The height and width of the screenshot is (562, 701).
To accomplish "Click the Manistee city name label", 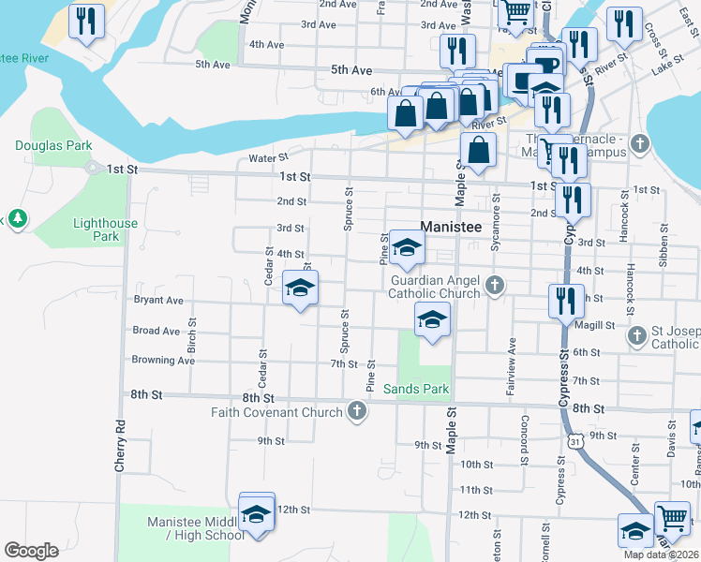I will pyautogui.click(x=451, y=227).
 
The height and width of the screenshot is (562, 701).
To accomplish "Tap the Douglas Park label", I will pyautogui.click(x=53, y=145).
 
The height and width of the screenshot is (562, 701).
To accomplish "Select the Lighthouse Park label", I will pyautogui.click(x=105, y=229).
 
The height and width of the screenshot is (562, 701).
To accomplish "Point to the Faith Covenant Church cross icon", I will pyautogui.click(x=356, y=410).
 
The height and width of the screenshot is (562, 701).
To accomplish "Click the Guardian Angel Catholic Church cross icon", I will pyautogui.click(x=496, y=285).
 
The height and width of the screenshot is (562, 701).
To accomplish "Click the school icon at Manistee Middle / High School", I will pyautogui.click(x=256, y=513).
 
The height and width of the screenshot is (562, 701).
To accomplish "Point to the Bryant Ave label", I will pyautogui.click(x=158, y=301).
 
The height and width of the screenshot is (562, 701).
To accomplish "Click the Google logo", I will pyautogui.click(x=31, y=551).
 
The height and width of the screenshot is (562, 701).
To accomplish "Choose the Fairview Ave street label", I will pyautogui.click(x=512, y=366).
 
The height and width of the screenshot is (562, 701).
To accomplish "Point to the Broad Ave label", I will pyautogui.click(x=157, y=331).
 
